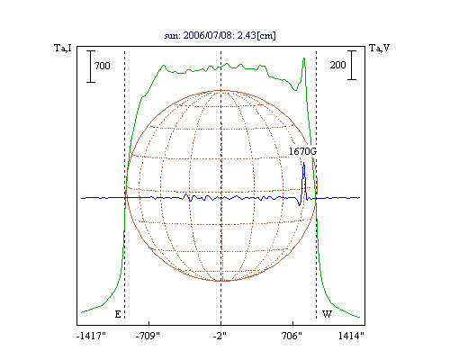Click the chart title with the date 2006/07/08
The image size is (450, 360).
coord(220,35)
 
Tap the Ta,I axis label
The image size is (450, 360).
coord(63,48)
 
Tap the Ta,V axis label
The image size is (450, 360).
coord(379,48)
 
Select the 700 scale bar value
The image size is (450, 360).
coord(103,66)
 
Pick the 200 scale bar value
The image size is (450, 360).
coord(337,65)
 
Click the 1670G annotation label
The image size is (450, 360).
coord(302,151)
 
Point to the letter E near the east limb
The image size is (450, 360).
coord(118,314)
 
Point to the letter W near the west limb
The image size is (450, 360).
coord(327,314)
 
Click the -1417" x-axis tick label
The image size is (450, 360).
coord(91,336)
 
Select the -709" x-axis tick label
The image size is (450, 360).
coord(148,336)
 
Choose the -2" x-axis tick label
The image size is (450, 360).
coord(220,336)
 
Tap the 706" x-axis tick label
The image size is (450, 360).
coord(292,336)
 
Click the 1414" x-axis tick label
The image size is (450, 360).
coord(351,336)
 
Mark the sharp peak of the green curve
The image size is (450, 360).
coord(304,58)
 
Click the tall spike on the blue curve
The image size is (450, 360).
coord(304,163)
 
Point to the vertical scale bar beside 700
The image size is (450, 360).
coord(91,66)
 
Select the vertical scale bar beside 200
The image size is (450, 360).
coord(352,65)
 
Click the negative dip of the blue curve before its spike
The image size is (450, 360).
coord(299,205)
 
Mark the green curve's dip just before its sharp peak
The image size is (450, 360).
coord(295,90)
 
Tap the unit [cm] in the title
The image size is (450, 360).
coord(266,35)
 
